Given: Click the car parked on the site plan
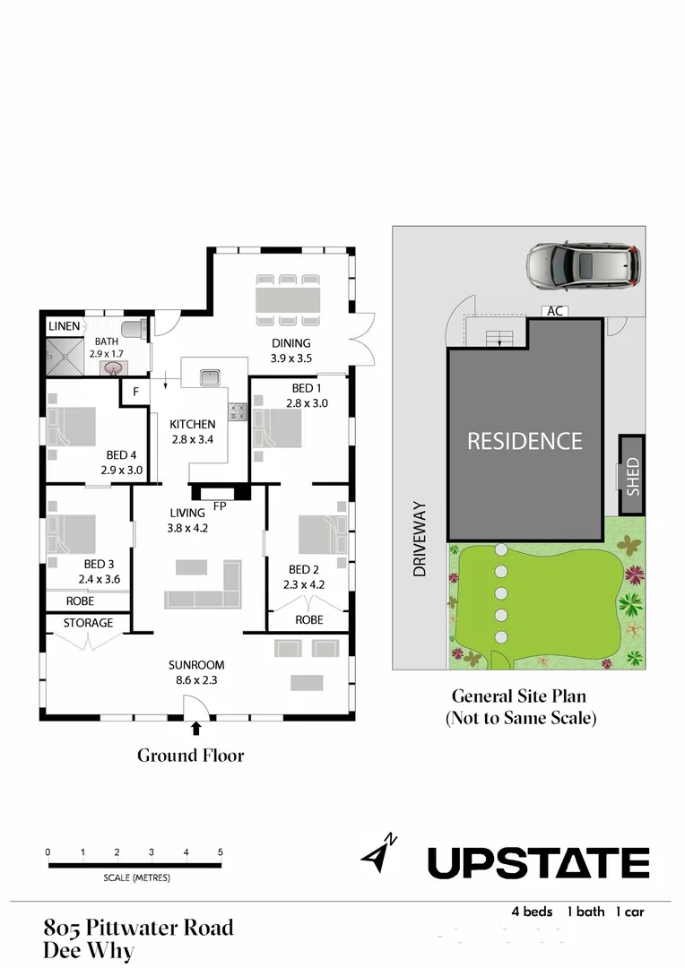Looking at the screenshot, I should (583, 265).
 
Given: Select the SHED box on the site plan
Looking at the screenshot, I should (632, 474).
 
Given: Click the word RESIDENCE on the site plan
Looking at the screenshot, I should (525, 441).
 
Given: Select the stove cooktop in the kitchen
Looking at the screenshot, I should (238, 411).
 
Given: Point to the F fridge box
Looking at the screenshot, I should (135, 392).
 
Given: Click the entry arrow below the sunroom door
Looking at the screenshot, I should (196, 730).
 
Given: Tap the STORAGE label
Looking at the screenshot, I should (88, 623).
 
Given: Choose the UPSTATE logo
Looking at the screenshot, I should (538, 863).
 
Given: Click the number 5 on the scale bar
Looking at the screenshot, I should (220, 851).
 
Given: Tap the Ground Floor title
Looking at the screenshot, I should (190, 756).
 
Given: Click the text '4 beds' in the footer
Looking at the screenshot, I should (532, 912).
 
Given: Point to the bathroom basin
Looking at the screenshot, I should (114, 367).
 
